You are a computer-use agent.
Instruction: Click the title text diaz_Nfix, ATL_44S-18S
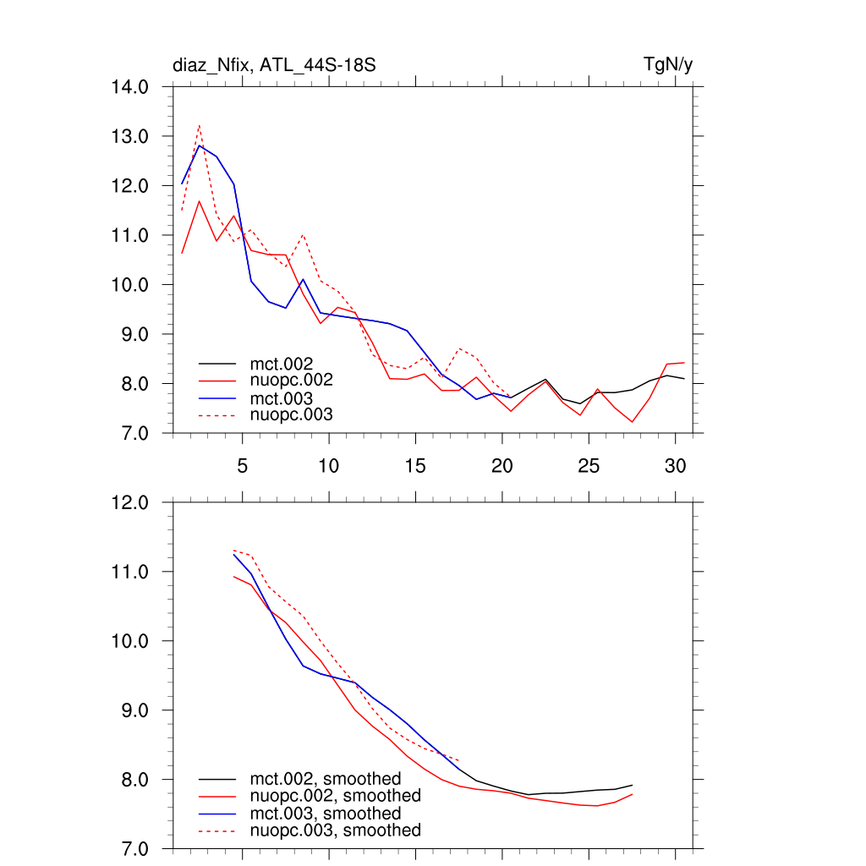click(x=274, y=65)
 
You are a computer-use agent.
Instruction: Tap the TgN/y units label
click(x=668, y=65)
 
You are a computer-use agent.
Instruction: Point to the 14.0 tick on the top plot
click(x=131, y=86)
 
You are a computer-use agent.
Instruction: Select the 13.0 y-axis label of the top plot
click(x=131, y=136)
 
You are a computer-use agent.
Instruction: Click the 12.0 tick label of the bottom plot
click(x=131, y=502)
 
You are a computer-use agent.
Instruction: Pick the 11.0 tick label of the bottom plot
click(x=131, y=572)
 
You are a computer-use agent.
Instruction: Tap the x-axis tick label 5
click(x=242, y=465)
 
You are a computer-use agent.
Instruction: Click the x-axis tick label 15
click(x=415, y=465)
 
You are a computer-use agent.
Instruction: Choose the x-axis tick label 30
click(x=675, y=465)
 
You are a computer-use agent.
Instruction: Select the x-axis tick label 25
click(x=589, y=465)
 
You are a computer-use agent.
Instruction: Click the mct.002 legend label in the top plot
click(x=288, y=364)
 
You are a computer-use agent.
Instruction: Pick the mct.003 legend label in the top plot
click(x=288, y=397)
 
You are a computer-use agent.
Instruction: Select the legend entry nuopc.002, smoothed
click(x=335, y=796)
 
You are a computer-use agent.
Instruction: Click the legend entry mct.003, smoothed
click(x=326, y=814)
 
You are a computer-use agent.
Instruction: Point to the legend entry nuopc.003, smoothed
click(x=335, y=830)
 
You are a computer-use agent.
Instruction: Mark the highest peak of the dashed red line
click(x=199, y=126)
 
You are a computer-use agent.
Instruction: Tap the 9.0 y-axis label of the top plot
click(x=131, y=334)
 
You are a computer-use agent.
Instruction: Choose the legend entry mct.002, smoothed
click(x=326, y=779)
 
